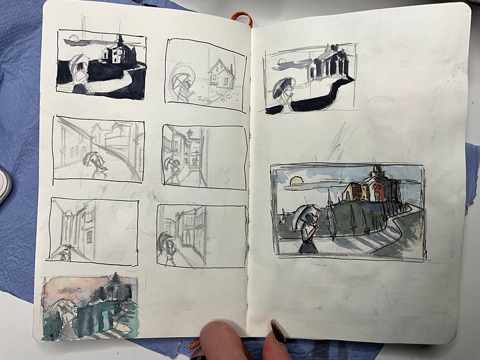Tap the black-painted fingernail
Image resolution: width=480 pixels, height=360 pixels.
click(277, 331)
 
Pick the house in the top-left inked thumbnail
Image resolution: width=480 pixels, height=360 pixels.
click(118, 52)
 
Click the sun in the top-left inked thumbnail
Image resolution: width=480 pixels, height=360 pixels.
click(74, 39)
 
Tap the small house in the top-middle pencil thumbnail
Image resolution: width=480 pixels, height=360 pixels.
click(221, 74)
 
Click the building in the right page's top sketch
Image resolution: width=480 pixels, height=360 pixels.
click(330, 63)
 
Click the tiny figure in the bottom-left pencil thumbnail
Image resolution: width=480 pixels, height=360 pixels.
click(63, 252)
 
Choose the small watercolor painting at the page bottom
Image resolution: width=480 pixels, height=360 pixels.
click(90, 307)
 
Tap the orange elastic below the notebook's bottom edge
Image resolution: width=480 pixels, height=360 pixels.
click(194, 344)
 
